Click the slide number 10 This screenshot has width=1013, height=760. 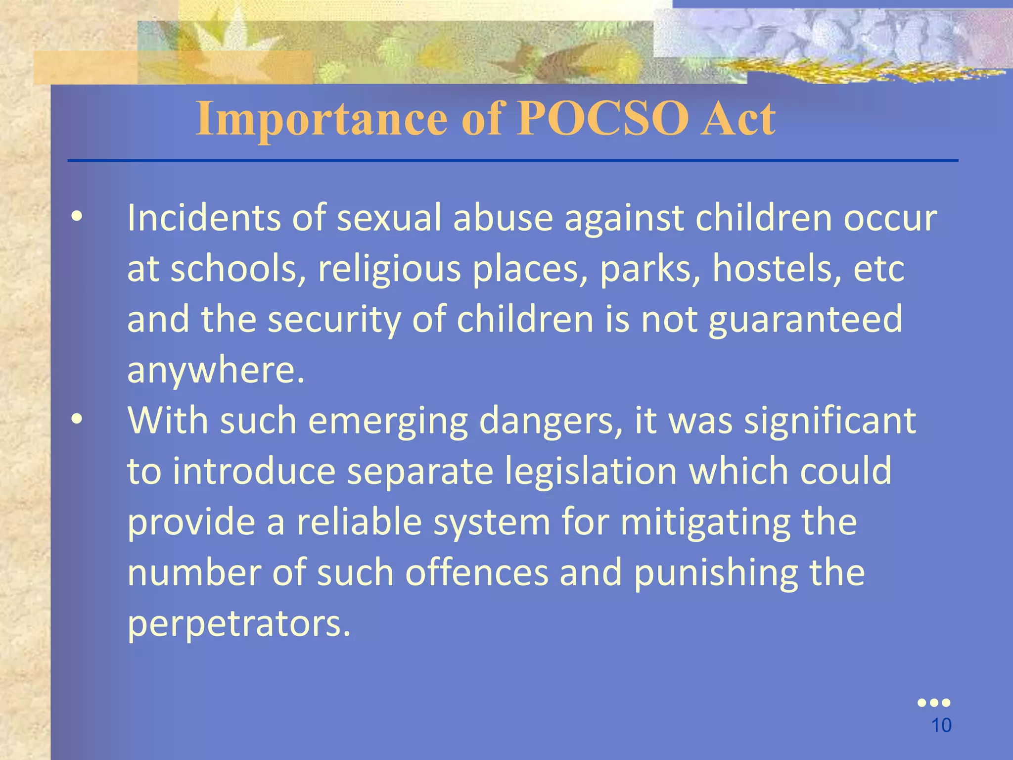pos(941,725)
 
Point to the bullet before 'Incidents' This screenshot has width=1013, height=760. pos(77,218)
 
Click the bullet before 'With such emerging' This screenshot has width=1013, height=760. pos(77,420)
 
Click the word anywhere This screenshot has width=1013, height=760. pos(216,370)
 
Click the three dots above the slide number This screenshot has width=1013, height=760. pos(933,703)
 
